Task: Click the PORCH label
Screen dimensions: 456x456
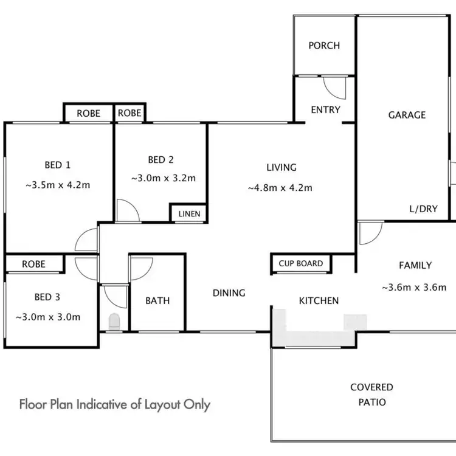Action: point(324,46)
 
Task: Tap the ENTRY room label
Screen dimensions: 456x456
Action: point(325,109)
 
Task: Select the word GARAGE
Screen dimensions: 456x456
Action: point(407,114)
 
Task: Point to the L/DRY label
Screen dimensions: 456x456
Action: point(423,209)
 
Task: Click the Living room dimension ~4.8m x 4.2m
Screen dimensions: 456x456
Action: point(280,188)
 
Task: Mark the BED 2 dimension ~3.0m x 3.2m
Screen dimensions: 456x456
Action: point(164,178)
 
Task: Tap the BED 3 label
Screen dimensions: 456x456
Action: point(47,297)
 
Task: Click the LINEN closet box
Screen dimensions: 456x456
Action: point(188,214)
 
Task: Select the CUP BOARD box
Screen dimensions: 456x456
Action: point(301,264)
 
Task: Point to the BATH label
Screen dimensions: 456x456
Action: point(157,300)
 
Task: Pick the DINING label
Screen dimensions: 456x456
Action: point(229,293)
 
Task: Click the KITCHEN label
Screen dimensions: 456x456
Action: point(319,300)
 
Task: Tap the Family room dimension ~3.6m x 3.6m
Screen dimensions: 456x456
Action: point(415,288)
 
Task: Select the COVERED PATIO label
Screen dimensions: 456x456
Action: point(371,395)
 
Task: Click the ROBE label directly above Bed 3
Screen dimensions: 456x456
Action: point(34,264)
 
